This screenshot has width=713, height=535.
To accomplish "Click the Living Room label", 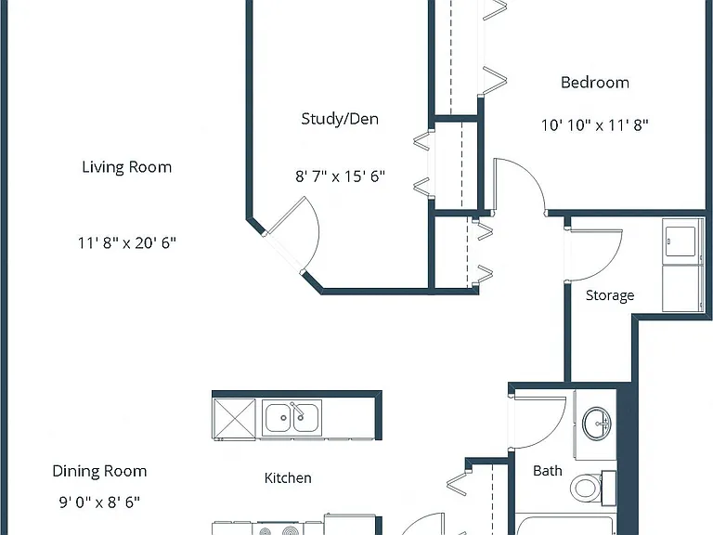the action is point(127,167).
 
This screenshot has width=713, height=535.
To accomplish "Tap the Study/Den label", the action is point(340,119).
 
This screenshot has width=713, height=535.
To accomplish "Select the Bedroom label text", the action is point(595,83).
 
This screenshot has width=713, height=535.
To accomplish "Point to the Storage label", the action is point(610,295).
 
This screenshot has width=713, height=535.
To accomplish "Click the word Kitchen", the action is point(288,477).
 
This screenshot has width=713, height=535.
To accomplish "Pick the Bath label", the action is point(548,470).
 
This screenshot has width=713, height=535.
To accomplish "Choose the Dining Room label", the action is point(99,471).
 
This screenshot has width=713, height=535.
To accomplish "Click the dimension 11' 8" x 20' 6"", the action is point(127,243).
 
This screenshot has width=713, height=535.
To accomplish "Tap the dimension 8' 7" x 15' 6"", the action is point(340,176).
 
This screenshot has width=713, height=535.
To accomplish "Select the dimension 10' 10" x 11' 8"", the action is point(595,125).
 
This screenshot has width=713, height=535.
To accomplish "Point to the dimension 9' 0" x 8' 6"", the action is point(99,502).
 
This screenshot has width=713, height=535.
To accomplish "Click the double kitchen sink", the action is point(292,418).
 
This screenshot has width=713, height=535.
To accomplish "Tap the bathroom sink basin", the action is point(597,424).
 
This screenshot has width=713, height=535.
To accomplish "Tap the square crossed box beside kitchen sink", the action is point(234,419).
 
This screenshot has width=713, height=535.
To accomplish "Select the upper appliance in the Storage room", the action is point(681,241).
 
